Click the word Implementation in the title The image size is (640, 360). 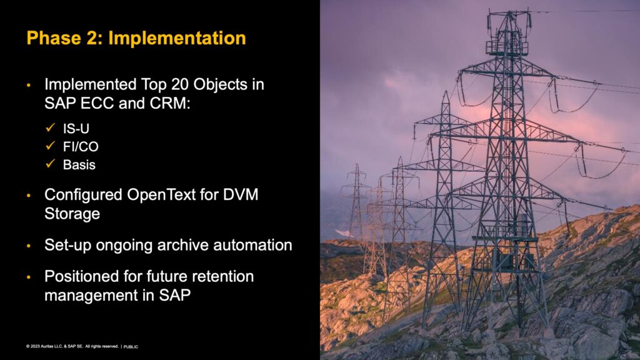pos(177,38)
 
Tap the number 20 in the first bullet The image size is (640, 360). pos(180,84)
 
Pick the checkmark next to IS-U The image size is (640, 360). pos(51,127)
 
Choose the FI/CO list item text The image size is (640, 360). pos(81,146)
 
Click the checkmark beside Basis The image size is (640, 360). pos(51,164)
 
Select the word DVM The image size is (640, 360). pos(241,195)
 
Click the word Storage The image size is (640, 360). pos(72,214)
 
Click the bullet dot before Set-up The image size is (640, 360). pos(29,246)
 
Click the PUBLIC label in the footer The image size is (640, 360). pos(131,347)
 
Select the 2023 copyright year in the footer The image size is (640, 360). pos(35,346)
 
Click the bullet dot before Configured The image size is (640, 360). pos(29,196)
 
